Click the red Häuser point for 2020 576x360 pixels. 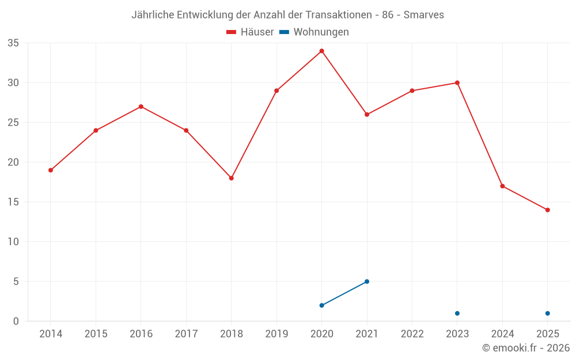pyautogui.click(x=321, y=51)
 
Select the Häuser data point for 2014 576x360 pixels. pyautogui.click(x=51, y=170)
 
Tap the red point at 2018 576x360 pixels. pyautogui.click(x=231, y=178)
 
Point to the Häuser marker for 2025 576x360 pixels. pyautogui.click(x=547, y=210)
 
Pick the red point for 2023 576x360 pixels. pyautogui.click(x=457, y=82)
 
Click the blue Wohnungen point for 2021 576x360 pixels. pyautogui.click(x=367, y=281)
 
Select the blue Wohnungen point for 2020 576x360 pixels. pyautogui.click(x=321, y=305)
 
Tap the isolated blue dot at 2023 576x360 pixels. pyautogui.click(x=457, y=313)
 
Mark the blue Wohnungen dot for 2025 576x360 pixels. pyautogui.click(x=547, y=313)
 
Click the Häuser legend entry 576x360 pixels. pyautogui.click(x=251, y=32)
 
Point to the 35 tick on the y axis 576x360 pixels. pyautogui.click(x=13, y=43)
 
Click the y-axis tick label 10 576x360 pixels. pyautogui.click(x=13, y=242)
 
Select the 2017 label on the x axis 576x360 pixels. pyautogui.click(x=186, y=334)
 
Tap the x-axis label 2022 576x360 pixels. pyautogui.click(x=412, y=334)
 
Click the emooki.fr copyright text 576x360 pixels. pyautogui.click(x=525, y=348)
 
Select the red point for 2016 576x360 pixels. pyautogui.click(x=141, y=107)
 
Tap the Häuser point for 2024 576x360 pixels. pyautogui.click(x=502, y=186)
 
